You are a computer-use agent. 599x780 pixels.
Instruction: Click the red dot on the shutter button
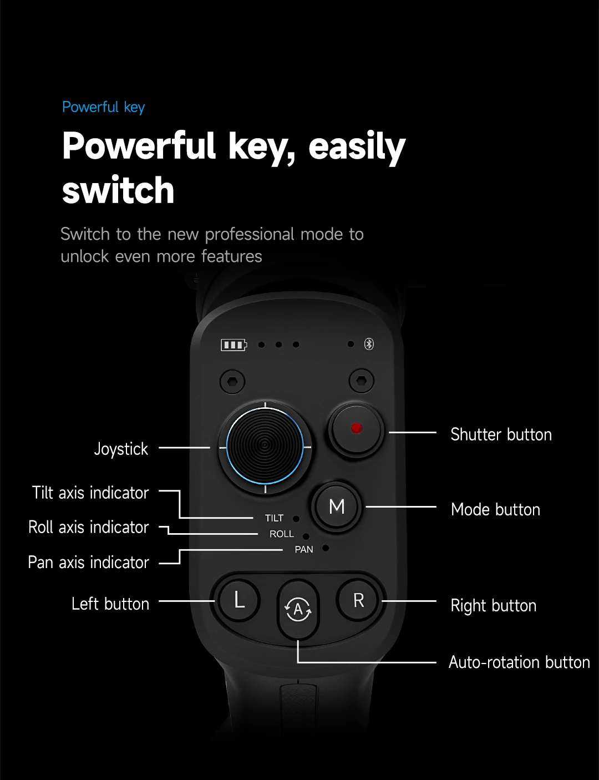coord(357,428)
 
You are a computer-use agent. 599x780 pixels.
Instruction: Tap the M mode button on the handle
coord(337,507)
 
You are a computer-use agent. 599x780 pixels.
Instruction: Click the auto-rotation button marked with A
coord(298,609)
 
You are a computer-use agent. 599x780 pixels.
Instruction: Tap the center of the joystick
coord(265,445)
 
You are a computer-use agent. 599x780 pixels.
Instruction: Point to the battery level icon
coord(233,345)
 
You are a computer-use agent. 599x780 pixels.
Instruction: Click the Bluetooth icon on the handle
coord(369,345)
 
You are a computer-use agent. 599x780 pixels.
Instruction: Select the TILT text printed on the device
coord(274,518)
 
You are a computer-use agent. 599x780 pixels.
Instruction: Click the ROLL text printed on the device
coord(282,534)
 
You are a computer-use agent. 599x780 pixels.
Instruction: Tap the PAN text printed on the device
coord(304,549)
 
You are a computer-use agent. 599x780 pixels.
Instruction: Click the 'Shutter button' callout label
coord(501,434)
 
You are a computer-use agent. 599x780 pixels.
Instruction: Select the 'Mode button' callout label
coord(495,509)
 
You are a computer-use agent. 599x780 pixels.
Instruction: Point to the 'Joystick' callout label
coord(121,448)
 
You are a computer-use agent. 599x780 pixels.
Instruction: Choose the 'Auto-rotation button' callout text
coord(519,662)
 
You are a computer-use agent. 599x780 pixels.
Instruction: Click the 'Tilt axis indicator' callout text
coord(90,493)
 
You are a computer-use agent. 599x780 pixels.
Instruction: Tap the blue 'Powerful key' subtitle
coord(103,107)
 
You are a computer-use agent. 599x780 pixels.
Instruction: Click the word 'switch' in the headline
coord(118,190)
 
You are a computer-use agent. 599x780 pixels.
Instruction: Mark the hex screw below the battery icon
coord(232,381)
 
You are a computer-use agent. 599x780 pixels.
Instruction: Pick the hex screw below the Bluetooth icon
coord(362,381)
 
